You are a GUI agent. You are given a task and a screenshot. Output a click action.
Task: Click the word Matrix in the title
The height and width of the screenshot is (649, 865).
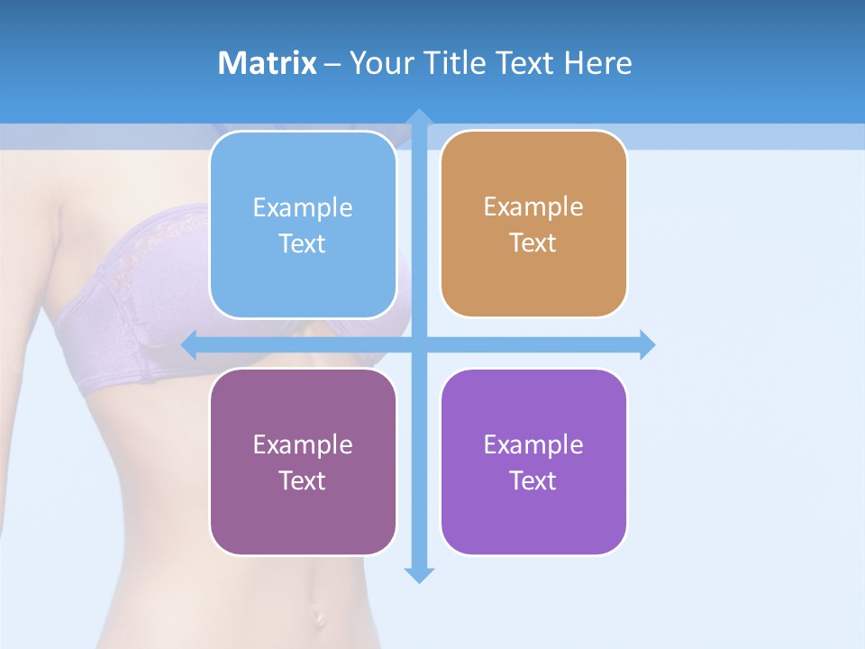pyautogui.click(x=267, y=63)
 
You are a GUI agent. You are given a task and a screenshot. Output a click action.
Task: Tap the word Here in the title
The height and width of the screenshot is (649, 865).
pyautogui.click(x=598, y=63)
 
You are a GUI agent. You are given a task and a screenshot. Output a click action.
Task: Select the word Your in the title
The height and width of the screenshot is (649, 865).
pyautogui.click(x=381, y=63)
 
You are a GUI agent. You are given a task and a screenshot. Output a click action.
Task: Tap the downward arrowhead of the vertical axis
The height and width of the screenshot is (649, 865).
pyautogui.click(x=419, y=574)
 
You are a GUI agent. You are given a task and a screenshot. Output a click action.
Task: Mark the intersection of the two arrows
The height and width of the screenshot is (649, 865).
pyautogui.click(x=419, y=344)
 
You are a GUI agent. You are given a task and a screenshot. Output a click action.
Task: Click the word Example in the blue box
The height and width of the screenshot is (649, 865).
pyautogui.click(x=303, y=208)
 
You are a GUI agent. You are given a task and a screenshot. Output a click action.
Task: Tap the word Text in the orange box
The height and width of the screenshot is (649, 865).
pyautogui.click(x=533, y=243)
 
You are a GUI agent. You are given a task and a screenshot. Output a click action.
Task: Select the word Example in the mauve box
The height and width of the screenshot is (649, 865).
pyautogui.click(x=303, y=444)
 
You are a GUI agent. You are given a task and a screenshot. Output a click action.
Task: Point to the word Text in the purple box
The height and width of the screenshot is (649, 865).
pyautogui.click(x=533, y=480)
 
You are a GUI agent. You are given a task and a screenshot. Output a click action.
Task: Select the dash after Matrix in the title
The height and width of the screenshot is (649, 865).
pyautogui.click(x=332, y=64)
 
